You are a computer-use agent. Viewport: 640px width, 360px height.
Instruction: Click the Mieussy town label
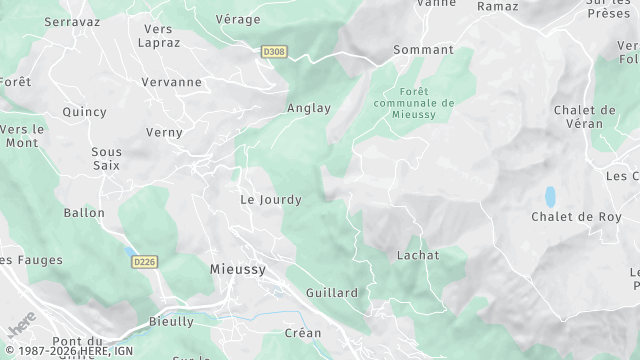238,269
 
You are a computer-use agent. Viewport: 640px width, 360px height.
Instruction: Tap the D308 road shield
273,50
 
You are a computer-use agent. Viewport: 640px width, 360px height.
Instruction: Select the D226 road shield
144,262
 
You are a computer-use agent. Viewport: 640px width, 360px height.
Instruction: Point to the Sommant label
423,49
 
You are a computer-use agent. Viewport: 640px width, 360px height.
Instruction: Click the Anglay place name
308,108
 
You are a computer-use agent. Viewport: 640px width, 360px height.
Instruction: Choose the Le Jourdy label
270,199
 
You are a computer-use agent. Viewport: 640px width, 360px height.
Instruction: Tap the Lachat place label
417,255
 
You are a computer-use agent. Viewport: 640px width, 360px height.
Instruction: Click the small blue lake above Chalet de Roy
549,195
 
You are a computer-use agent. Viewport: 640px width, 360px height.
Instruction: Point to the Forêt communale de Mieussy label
413,102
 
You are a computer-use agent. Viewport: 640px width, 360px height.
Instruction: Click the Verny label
164,132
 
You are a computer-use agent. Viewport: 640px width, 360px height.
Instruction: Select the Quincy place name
84,112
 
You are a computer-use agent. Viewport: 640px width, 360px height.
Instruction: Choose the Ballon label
84,213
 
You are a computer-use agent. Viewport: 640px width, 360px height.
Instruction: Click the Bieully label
171,322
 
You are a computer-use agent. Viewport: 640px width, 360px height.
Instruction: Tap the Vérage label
238,19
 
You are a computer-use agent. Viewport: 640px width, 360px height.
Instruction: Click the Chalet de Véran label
584,117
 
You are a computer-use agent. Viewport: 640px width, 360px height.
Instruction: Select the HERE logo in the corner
20,327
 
